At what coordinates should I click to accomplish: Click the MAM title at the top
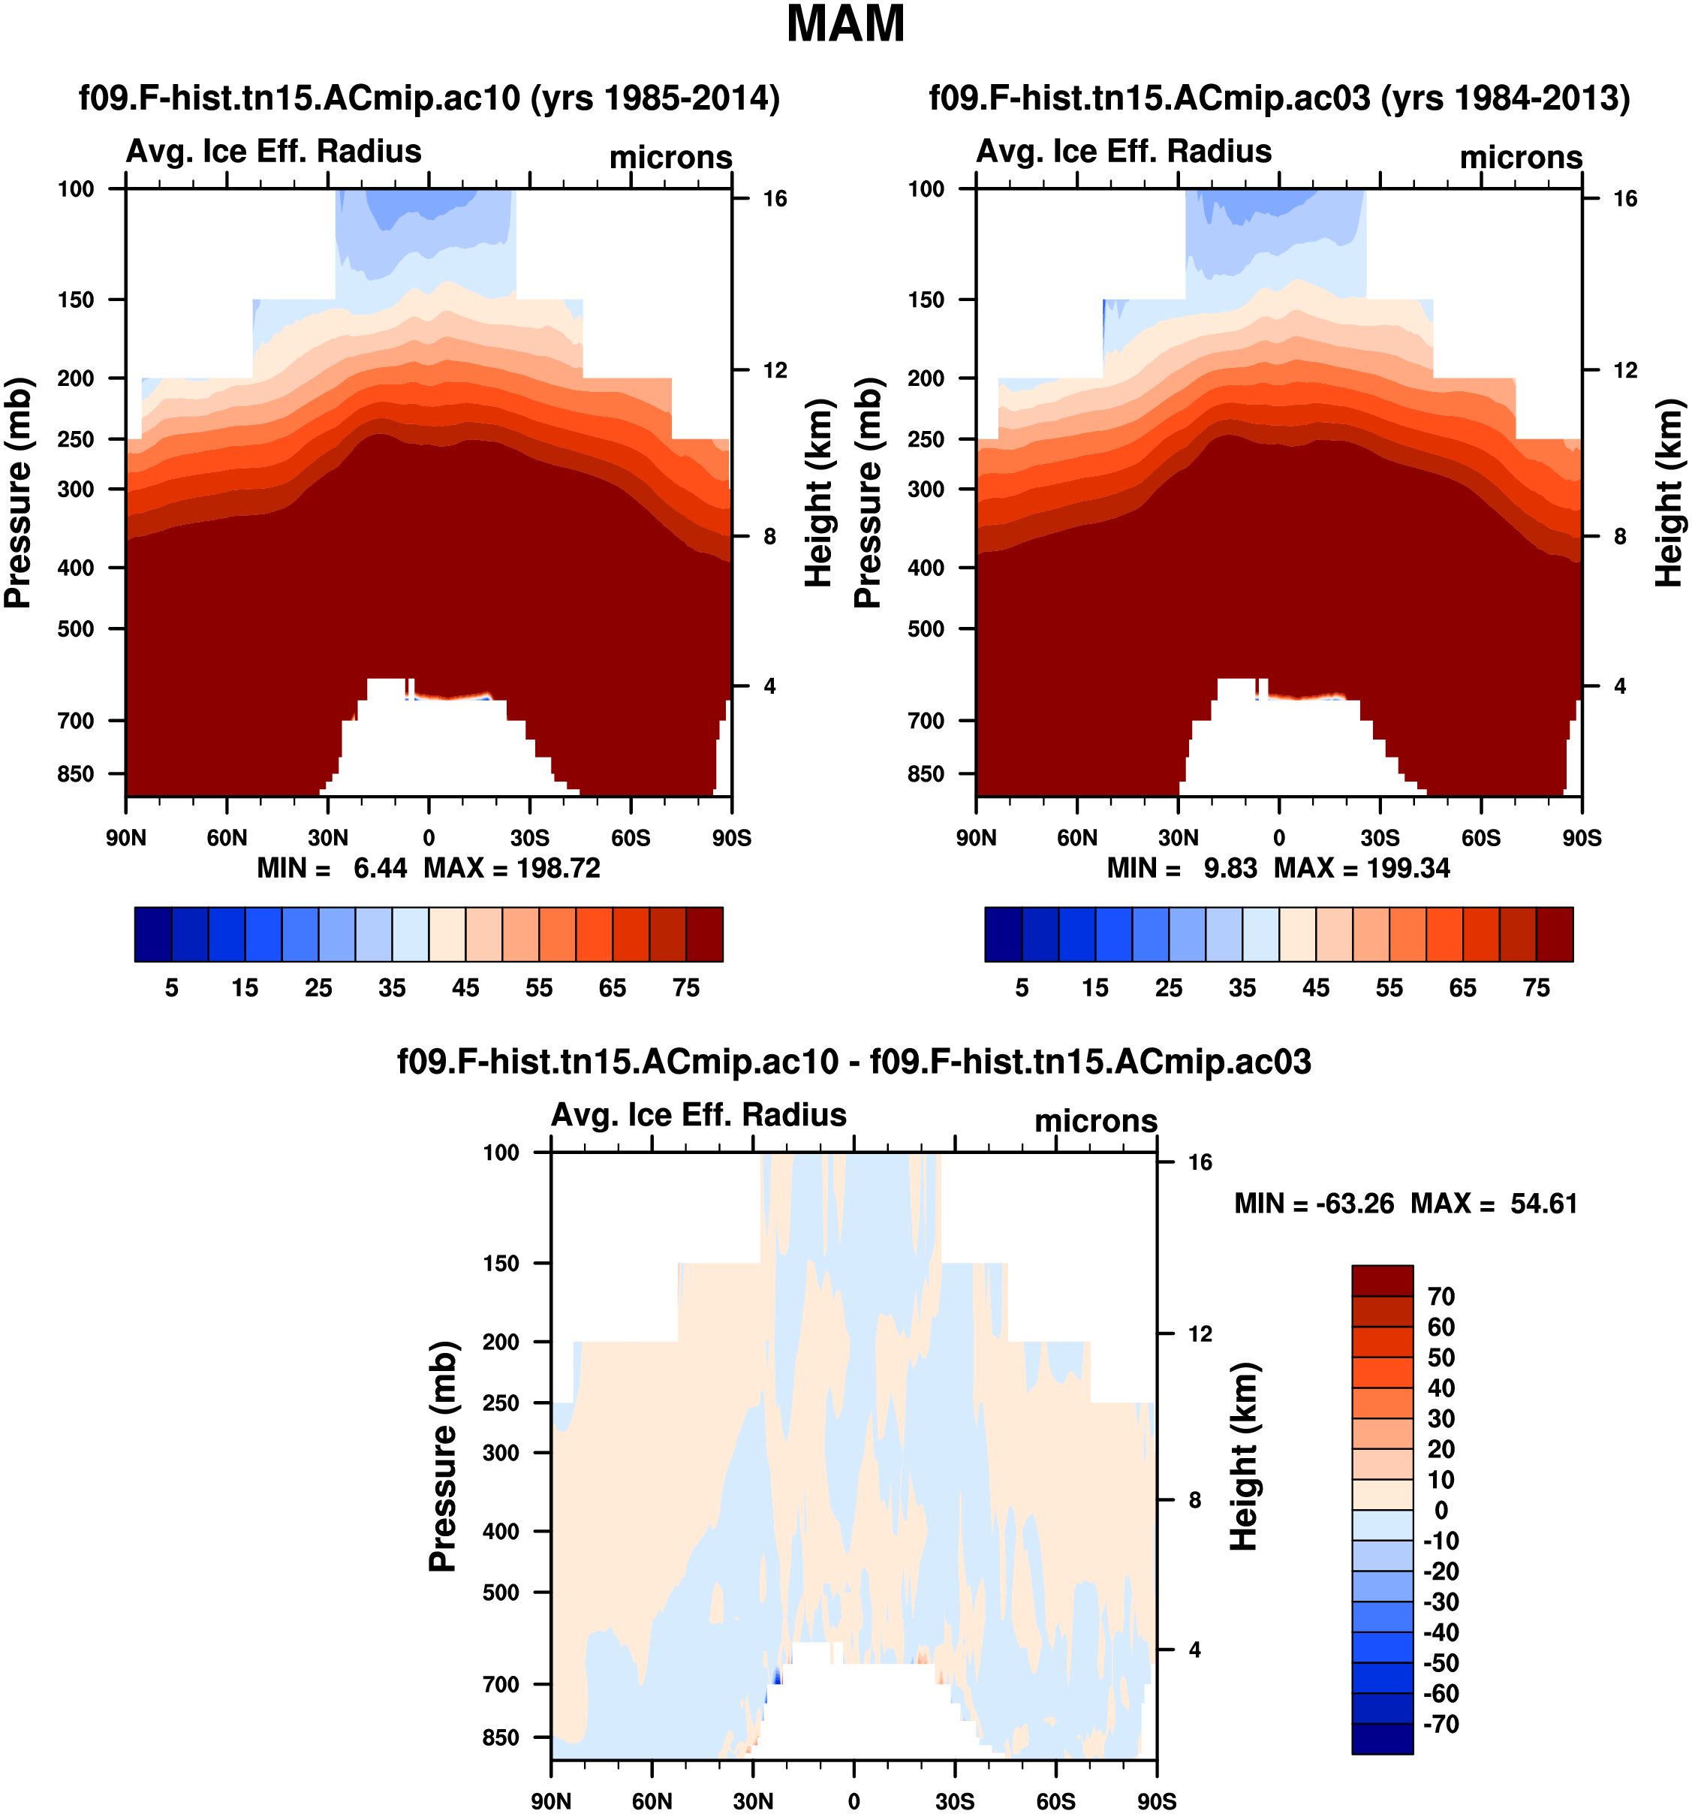point(844,25)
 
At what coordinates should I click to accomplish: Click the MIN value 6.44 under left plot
point(379,868)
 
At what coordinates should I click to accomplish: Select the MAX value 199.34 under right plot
point(1408,868)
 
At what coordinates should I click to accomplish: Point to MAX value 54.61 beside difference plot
point(1543,1204)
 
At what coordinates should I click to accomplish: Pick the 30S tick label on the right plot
point(1379,838)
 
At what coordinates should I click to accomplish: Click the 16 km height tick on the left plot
point(775,199)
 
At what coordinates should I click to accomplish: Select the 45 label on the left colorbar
point(465,987)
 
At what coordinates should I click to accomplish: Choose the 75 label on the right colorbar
point(1536,987)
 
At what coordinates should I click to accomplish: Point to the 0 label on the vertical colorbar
point(1441,1510)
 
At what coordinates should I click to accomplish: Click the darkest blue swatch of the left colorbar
point(152,933)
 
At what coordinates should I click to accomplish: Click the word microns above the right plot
point(1521,158)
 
